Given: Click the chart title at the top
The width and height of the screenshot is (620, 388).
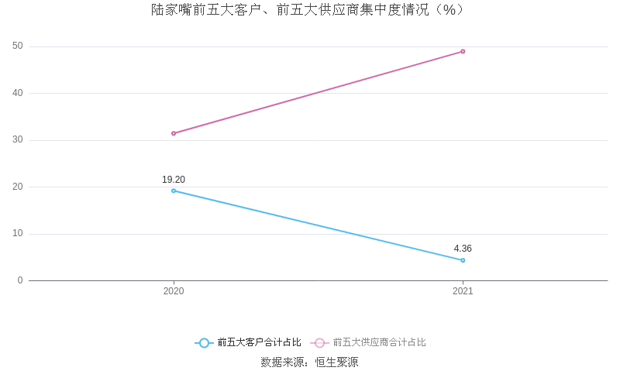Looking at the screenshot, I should tap(308, 10).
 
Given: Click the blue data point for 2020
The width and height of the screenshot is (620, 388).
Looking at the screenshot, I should tap(174, 191).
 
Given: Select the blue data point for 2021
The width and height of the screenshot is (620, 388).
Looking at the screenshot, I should tap(463, 260).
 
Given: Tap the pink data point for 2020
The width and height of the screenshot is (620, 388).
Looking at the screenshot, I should tap(174, 133).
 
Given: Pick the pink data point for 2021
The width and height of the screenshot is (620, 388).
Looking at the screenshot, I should tap(463, 51).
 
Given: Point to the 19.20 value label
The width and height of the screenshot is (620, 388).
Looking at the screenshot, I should tap(174, 180).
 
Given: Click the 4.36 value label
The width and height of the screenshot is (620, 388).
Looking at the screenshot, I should tap(463, 249).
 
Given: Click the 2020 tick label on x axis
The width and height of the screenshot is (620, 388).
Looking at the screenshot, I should tap(174, 291).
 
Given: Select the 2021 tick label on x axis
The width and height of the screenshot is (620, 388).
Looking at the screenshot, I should tap(463, 291).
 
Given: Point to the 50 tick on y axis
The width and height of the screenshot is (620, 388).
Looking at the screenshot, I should tap(18, 46).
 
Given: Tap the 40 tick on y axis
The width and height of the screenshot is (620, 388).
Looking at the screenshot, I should tap(18, 93).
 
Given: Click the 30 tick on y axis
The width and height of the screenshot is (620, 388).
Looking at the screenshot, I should tap(18, 140).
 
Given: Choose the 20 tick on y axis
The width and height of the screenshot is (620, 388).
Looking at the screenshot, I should tap(18, 187).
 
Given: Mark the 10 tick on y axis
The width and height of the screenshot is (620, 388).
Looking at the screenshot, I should tap(18, 234).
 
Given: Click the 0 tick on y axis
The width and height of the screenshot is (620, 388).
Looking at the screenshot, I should tap(20, 280).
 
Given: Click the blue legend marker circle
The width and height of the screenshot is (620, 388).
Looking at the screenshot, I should tap(204, 342).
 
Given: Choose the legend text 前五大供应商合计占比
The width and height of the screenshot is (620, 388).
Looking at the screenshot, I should tap(380, 342).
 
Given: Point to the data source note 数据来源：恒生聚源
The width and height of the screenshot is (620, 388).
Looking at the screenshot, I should tap(309, 362).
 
